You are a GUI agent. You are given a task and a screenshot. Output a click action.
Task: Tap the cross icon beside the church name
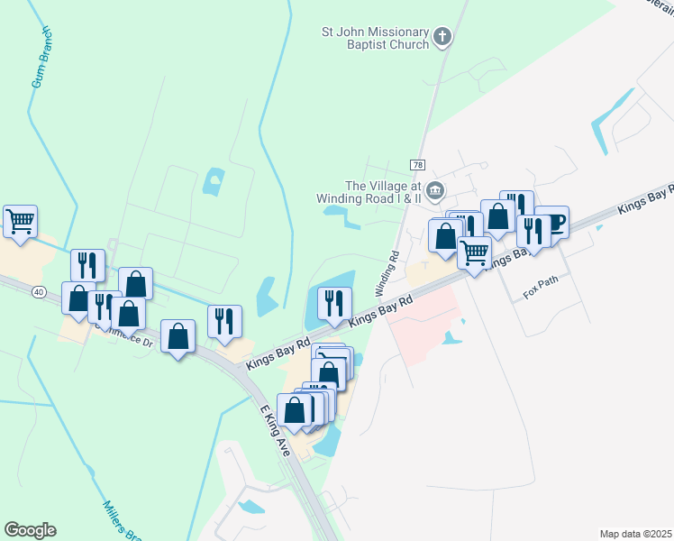point(442,37)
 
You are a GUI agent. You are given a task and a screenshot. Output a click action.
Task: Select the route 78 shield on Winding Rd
point(416,165)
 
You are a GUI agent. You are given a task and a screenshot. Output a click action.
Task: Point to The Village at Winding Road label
point(369,191)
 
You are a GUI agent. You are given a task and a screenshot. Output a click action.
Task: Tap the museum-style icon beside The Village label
point(435,190)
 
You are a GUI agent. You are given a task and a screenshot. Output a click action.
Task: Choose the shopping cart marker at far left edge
point(20,221)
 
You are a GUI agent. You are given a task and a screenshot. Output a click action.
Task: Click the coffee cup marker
point(551,222)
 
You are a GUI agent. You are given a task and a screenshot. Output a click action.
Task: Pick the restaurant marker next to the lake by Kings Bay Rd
point(334,302)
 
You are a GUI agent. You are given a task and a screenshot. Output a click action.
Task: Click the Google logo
point(30,530)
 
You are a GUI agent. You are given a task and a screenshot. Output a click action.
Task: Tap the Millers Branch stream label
point(119,521)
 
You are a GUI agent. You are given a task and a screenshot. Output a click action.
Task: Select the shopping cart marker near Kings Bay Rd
point(474,251)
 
